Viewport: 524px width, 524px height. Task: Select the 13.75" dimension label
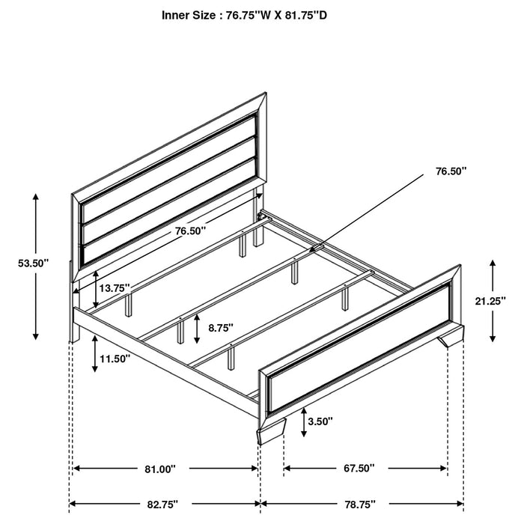point(115,287)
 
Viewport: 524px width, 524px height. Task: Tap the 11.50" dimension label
point(115,359)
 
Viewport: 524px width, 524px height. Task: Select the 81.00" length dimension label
point(160,469)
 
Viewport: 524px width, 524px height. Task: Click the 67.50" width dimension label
point(360,469)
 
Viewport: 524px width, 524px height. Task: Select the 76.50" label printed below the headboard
point(191,232)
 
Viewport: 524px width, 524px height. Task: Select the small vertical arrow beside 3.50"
point(305,424)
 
